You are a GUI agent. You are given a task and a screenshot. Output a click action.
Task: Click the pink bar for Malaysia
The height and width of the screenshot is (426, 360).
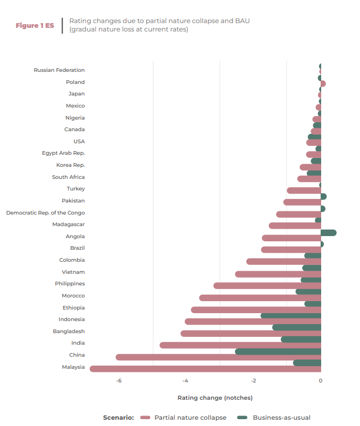point(205,369)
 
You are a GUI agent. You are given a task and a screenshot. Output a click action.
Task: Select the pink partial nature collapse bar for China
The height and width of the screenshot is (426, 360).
point(218,357)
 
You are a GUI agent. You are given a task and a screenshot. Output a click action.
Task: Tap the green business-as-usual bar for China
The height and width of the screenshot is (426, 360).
point(278,352)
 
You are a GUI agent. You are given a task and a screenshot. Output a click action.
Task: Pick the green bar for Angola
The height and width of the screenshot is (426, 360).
point(329,232)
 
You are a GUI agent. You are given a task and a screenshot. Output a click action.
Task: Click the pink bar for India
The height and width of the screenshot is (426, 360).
point(240,345)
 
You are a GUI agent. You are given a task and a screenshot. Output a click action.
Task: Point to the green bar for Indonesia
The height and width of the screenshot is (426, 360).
point(291,316)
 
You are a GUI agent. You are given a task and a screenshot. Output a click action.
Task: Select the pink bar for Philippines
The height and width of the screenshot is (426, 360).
point(267,286)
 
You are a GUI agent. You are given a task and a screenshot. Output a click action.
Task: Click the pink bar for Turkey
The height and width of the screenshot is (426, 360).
point(304,190)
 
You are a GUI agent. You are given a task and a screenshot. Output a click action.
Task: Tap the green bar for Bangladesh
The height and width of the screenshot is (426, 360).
point(297,327)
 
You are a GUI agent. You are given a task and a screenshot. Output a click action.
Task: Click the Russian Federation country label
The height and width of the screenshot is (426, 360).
point(59,70)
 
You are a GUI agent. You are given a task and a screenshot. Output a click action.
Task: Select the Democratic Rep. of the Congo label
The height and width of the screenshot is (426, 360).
point(46,213)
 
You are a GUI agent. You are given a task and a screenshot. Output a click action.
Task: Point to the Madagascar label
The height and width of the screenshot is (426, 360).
point(68,225)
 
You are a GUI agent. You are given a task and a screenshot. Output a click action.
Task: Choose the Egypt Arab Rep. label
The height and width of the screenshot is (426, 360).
point(63,153)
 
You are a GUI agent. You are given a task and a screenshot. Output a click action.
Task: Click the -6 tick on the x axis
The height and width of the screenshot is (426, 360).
point(119,381)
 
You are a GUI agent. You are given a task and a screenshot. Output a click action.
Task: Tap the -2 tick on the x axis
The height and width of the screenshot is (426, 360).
point(253,381)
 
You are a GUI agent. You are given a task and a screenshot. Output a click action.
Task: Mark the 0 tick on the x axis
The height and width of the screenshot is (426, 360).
point(321,381)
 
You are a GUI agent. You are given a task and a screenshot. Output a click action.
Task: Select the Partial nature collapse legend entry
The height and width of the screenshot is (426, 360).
point(190,418)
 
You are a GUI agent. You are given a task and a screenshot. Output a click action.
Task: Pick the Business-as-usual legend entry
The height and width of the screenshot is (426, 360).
point(281,418)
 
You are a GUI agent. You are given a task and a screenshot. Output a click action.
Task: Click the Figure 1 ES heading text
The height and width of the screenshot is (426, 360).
point(35,26)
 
